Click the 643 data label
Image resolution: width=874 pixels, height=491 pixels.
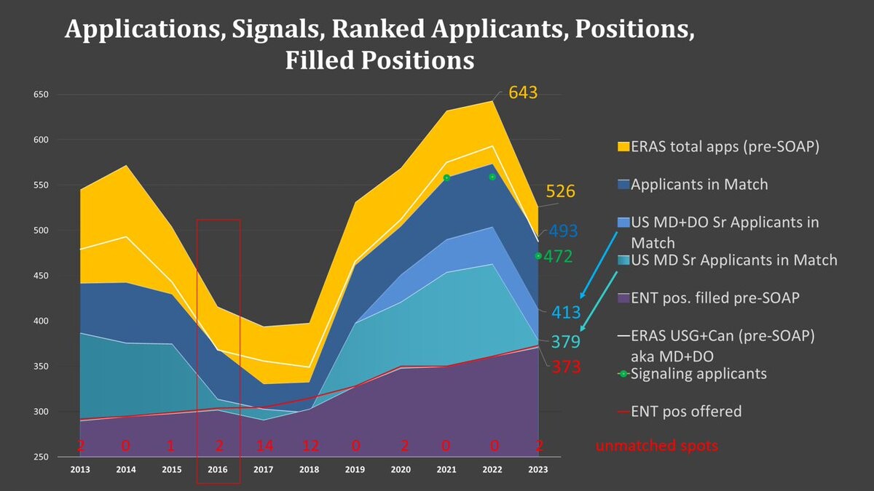point(523,93)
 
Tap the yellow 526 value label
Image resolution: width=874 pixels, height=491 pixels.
point(561,192)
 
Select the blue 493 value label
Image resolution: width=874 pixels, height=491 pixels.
point(563,231)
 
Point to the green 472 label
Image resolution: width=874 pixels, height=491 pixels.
point(558,257)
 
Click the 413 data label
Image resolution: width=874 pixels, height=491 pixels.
point(565,313)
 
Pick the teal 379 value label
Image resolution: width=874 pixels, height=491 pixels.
point(565,341)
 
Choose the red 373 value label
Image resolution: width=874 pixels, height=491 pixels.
point(566,367)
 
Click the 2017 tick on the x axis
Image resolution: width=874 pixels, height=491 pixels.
point(263,471)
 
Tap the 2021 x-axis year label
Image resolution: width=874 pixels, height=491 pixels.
point(446,471)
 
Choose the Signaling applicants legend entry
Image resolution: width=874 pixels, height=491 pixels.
point(697,374)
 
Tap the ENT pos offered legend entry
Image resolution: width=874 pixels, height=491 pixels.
point(685,412)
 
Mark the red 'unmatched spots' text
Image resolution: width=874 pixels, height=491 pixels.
point(656,446)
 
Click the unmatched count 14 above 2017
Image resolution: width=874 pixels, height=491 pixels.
point(264,446)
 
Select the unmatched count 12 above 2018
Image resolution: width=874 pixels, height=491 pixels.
point(310,446)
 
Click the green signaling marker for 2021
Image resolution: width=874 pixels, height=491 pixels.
point(446,177)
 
